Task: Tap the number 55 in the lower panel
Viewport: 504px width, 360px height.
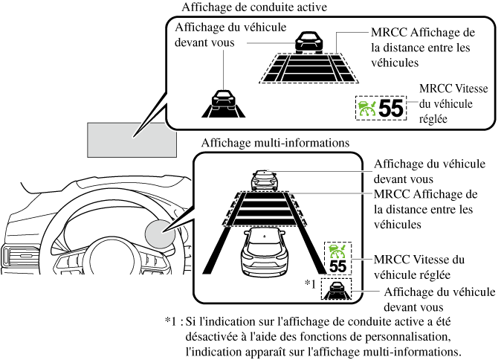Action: point(338,265)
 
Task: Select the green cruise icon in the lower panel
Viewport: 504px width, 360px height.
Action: point(338,249)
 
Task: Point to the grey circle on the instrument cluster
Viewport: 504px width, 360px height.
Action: point(161,234)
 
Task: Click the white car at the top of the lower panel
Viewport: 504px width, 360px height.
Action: point(265,178)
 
